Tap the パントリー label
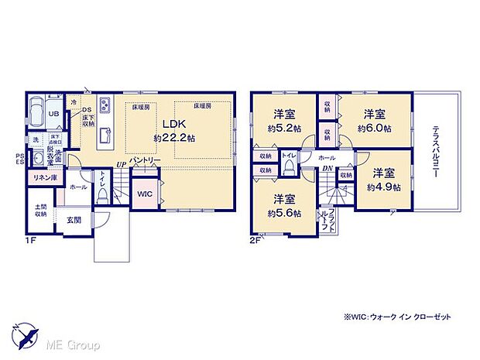tap(145, 159)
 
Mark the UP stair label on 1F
tap(121, 164)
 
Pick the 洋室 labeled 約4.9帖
tap(384, 179)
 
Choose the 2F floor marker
tap(255, 241)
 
